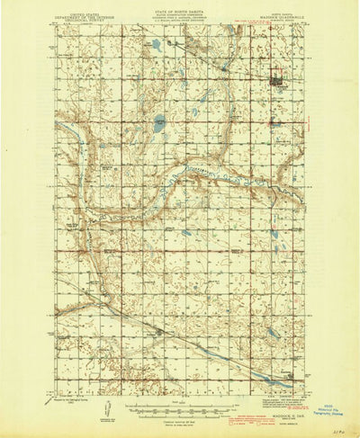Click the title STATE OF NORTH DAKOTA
180,8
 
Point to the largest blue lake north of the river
159,125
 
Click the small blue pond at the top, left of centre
157,44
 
